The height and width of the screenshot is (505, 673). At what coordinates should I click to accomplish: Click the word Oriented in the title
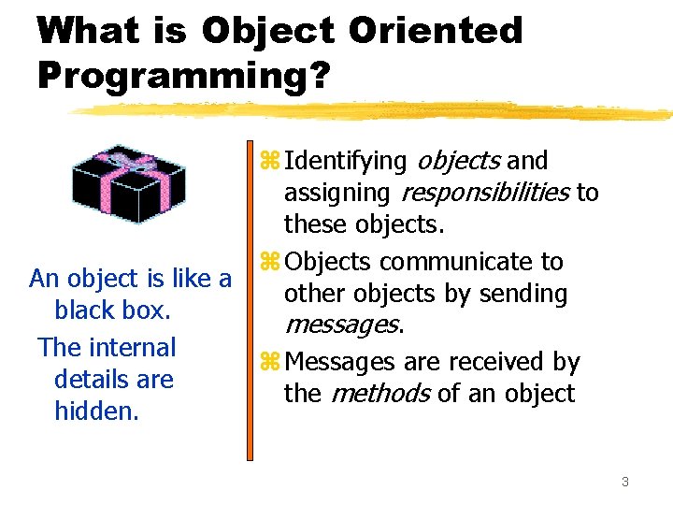pyautogui.click(x=436, y=31)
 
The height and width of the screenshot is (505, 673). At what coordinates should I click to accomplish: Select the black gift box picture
pyautogui.click(x=129, y=185)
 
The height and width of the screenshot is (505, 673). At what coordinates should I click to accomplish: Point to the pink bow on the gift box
pyautogui.click(x=122, y=155)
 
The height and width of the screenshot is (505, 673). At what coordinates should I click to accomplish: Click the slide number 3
pyautogui.click(x=624, y=482)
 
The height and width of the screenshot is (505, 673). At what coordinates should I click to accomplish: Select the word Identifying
pyautogui.click(x=345, y=162)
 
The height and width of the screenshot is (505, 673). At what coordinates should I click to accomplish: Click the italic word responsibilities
pyautogui.click(x=484, y=194)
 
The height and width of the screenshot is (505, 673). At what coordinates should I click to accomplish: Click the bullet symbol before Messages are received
pyautogui.click(x=269, y=362)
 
